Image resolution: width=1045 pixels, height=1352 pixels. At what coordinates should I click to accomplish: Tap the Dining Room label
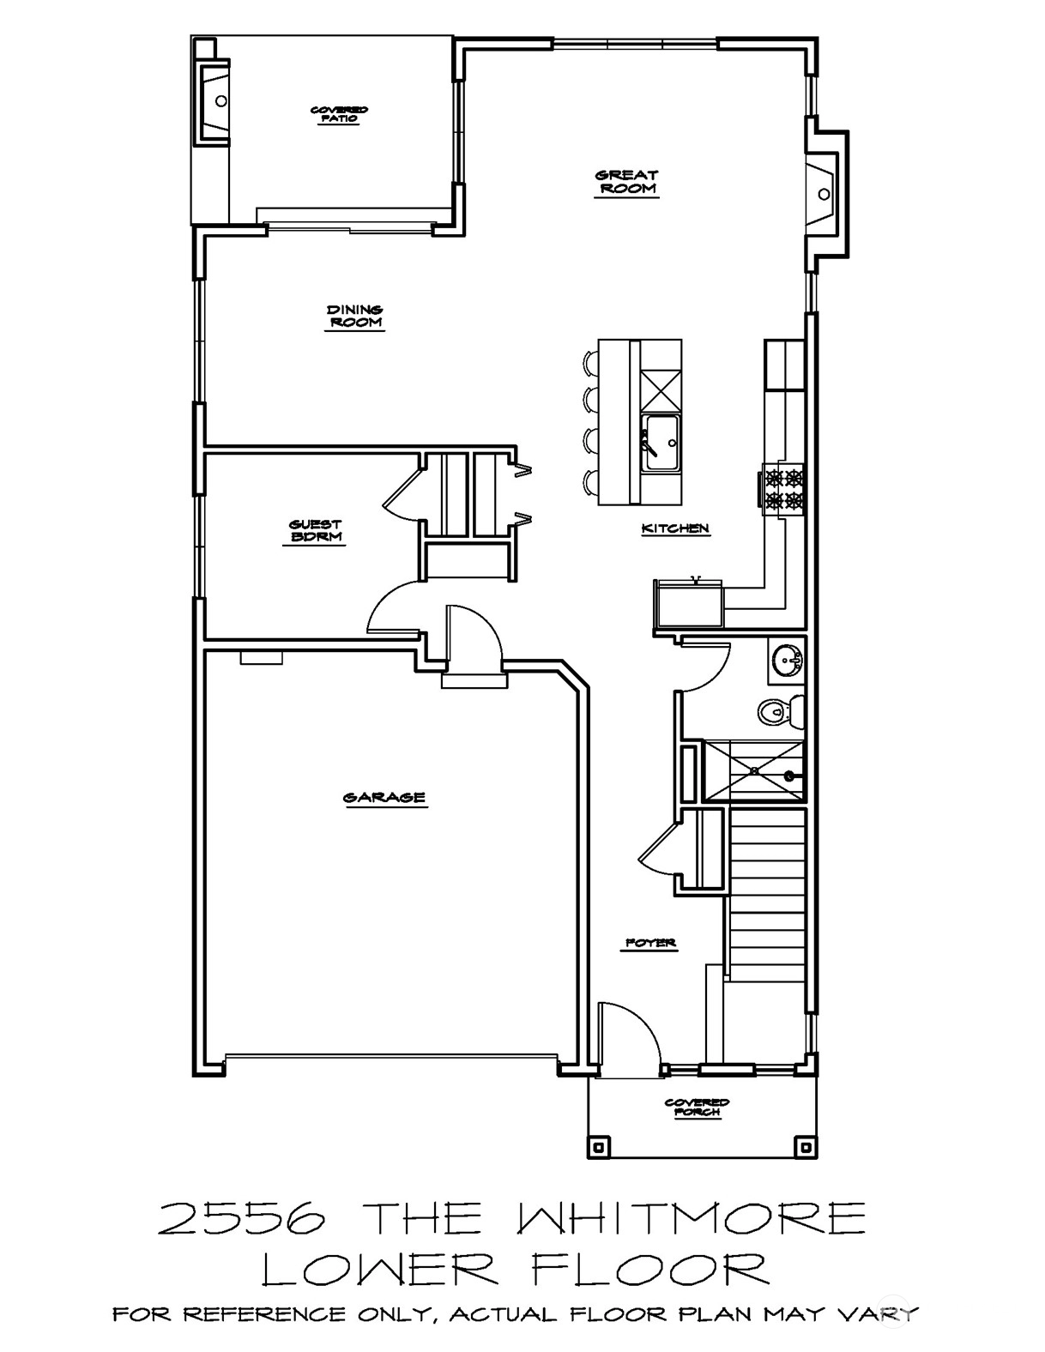pos(355,316)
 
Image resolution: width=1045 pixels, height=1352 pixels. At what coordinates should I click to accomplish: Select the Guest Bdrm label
pos(316,531)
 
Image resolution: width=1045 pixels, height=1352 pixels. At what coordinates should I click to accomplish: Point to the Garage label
pos(384,798)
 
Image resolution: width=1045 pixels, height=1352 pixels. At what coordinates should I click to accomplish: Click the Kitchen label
pos(675,528)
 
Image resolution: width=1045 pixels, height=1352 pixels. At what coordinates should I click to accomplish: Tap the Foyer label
pos(650,944)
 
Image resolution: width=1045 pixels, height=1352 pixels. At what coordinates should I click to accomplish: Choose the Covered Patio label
pos(339,114)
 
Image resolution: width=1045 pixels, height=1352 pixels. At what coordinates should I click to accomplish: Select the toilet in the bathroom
pos(780,711)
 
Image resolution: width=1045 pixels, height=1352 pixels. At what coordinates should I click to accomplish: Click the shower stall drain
pos(789,776)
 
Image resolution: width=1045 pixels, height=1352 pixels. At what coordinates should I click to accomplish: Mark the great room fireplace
pos(827,194)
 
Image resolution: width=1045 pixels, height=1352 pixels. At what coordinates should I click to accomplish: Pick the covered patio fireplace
pos(212,100)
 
